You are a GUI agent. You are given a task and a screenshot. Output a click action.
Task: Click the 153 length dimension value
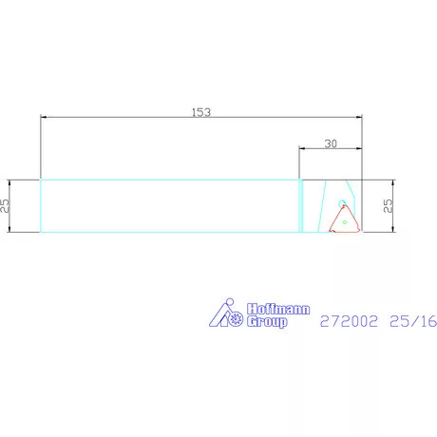(x=201, y=112)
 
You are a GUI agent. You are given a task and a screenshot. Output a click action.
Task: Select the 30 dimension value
(x=331, y=144)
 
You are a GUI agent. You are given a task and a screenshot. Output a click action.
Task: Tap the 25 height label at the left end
(x=5, y=205)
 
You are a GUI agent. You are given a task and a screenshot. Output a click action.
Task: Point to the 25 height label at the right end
(x=388, y=205)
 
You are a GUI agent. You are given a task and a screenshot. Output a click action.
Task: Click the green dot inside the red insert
(x=345, y=222)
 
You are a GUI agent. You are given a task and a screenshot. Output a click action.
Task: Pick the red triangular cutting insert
(x=345, y=219)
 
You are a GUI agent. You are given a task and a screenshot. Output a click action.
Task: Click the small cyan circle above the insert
(x=342, y=203)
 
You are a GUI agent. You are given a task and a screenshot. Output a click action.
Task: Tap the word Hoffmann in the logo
(x=278, y=309)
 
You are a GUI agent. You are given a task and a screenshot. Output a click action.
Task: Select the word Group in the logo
(x=267, y=321)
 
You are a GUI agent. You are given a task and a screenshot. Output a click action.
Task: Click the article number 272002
(x=349, y=321)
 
